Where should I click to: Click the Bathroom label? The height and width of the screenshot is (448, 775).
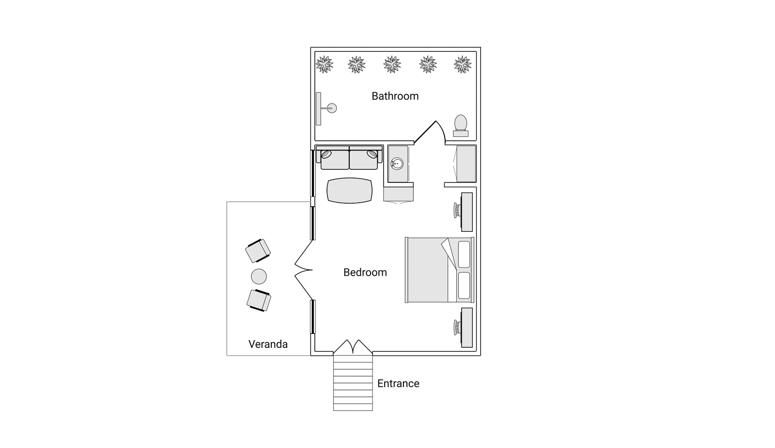pyautogui.click(x=395, y=96)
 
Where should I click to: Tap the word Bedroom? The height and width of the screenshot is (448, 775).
pyautogui.click(x=365, y=272)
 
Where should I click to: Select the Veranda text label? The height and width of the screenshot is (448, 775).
pyautogui.click(x=268, y=344)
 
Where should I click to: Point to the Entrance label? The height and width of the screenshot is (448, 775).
pyautogui.click(x=398, y=383)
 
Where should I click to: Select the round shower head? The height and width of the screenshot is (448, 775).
pyautogui.click(x=332, y=108)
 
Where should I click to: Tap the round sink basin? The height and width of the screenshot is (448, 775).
pyautogui.click(x=397, y=164)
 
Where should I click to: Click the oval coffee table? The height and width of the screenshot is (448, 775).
pyautogui.click(x=350, y=191)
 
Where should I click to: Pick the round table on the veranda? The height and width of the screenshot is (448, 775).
pyautogui.click(x=259, y=277)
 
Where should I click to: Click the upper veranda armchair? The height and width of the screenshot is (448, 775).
pyautogui.click(x=258, y=251)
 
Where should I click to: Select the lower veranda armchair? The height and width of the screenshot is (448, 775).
pyautogui.click(x=259, y=300)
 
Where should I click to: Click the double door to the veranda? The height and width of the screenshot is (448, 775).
pyautogui.click(x=303, y=270)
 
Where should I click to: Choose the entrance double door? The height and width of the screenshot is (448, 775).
pyautogui.click(x=353, y=346)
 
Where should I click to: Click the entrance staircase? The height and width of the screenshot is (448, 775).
pyautogui.click(x=353, y=382)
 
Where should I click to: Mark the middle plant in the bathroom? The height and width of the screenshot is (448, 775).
pyautogui.click(x=392, y=64)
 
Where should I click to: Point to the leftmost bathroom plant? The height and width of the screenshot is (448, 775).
pyautogui.click(x=324, y=64)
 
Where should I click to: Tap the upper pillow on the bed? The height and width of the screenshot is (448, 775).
pyautogui.click(x=464, y=254)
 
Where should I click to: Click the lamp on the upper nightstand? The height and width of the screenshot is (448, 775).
pyautogui.click(x=457, y=210)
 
